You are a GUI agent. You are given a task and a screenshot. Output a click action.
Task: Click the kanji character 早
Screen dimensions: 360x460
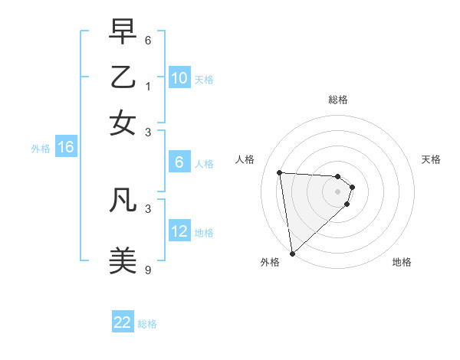pos(123,33)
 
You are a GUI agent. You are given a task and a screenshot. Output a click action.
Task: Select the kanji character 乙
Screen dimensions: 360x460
pos(123,78)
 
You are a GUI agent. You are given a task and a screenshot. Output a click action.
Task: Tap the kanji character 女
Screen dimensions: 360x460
pos(123,123)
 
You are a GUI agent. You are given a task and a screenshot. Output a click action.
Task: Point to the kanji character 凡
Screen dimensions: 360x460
pos(123,200)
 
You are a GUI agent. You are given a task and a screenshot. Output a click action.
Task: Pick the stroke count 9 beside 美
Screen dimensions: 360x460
pos(148,270)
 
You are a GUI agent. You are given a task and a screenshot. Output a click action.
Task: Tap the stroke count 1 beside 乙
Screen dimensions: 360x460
pos(148,86)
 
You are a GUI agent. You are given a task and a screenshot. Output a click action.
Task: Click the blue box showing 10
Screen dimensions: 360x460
pos(179,78)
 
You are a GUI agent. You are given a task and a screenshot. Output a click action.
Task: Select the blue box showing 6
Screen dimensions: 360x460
pos(179,162)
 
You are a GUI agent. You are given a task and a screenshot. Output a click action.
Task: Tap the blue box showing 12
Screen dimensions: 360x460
pos(179,231)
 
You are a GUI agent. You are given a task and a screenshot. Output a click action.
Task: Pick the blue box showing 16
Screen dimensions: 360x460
pos(66,148)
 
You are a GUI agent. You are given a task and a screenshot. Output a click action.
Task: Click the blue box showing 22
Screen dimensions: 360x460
pos(123,323)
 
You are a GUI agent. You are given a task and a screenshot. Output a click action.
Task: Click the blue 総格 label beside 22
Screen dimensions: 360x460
pos(147,324)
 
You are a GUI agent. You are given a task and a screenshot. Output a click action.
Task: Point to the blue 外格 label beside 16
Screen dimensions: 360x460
pos(41,149)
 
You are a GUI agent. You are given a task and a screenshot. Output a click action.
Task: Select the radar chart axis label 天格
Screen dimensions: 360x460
pos(432,159)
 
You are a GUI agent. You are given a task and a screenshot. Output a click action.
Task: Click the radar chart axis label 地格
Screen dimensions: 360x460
pos(402,263)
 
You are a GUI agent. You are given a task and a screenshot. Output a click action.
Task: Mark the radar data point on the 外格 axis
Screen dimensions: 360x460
pos(292,253)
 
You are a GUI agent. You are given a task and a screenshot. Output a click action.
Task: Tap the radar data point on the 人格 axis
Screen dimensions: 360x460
pos(280,172)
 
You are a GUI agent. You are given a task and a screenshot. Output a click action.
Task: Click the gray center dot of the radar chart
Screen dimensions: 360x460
pos(337,191)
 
